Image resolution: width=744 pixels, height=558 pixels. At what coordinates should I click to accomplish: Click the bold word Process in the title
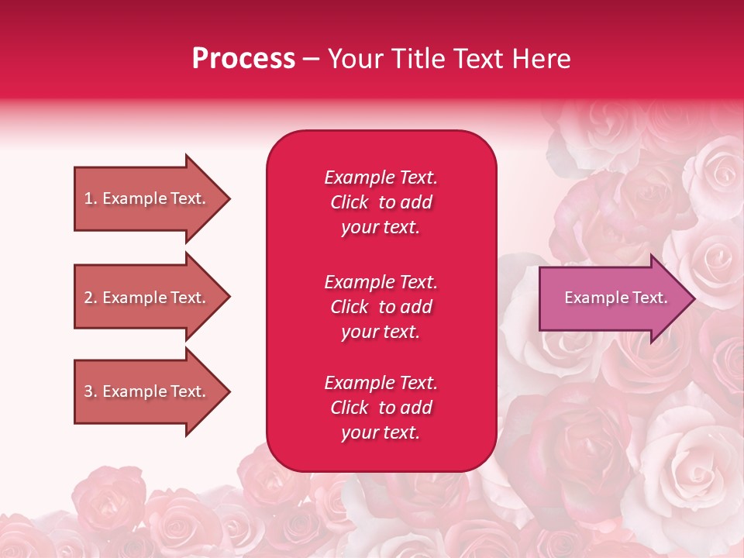point(243,59)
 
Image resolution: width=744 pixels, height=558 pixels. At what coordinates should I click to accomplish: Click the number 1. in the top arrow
point(91,198)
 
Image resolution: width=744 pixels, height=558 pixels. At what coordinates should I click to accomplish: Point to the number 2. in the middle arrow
point(91,298)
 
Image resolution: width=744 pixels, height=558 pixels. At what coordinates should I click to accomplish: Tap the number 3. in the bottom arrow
point(91,391)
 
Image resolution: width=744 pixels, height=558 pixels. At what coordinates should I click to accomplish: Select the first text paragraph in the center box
point(381,202)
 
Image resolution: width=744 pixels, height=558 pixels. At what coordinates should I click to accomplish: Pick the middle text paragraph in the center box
point(381,307)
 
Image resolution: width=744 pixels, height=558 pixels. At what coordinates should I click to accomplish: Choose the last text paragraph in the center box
point(381,408)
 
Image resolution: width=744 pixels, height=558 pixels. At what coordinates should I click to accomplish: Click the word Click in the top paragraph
point(350,202)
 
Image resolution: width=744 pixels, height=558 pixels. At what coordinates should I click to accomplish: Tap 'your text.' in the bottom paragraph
point(381,432)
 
